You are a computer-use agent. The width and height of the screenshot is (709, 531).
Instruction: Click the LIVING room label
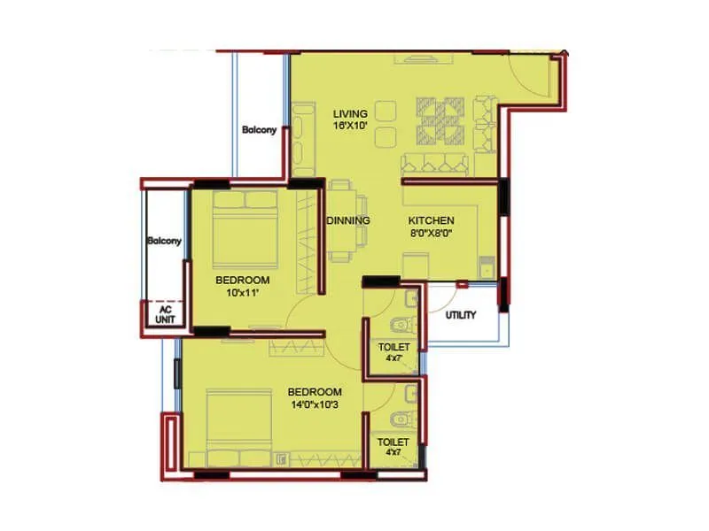350,114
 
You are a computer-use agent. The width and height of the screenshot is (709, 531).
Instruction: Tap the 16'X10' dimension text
350,127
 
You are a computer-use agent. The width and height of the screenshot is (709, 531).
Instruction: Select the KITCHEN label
431,220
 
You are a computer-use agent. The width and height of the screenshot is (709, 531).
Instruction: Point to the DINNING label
348,220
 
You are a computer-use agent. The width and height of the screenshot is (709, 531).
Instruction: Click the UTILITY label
461,314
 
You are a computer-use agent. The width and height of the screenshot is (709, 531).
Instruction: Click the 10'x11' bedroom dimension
243,293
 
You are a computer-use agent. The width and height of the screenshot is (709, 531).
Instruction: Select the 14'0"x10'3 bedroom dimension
315,404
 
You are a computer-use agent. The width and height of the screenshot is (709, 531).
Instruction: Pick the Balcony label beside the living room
260,130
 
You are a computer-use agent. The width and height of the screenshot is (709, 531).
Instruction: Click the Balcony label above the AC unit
164,241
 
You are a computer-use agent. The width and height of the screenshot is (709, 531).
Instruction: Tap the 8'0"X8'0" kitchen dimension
431,235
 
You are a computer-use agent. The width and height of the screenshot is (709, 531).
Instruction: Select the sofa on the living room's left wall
304,140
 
